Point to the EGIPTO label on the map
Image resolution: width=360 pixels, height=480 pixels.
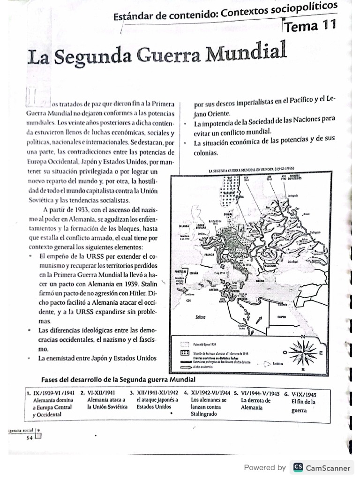click(x=281, y=317)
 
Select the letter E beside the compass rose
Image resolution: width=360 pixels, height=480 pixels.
click(x=321, y=352)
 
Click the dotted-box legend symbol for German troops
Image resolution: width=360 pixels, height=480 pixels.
click(x=185, y=353)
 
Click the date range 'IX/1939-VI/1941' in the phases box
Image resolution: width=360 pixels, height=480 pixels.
click(x=53, y=393)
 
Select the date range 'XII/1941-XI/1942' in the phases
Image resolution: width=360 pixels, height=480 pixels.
click(x=157, y=393)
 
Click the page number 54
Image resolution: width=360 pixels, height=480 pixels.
click(x=29, y=437)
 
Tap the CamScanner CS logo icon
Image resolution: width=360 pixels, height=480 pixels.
click(x=298, y=467)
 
